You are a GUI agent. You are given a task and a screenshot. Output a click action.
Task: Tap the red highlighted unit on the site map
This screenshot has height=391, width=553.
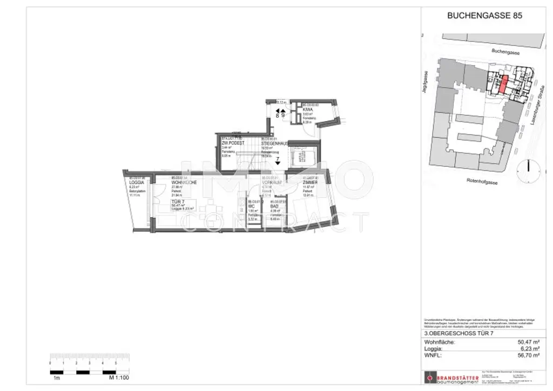tap(502, 84)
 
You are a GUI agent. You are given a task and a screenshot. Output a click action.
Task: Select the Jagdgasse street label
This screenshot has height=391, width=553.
tap(427, 84)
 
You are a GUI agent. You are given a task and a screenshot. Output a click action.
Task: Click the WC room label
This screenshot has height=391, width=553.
tap(251, 206)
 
